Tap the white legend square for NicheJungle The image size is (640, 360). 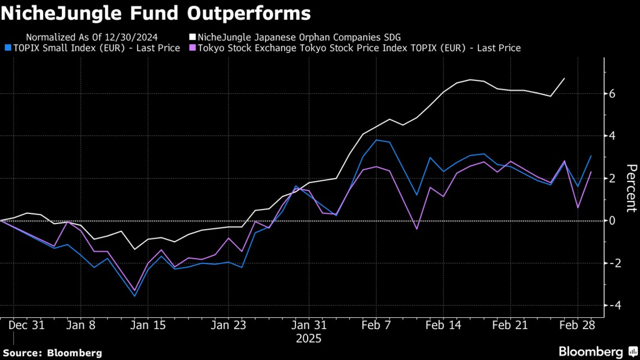click(x=193, y=38)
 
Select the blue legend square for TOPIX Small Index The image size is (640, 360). click(x=7, y=48)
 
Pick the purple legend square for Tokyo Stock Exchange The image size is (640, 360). click(x=193, y=48)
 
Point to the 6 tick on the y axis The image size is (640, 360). click(x=612, y=94)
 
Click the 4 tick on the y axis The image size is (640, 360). click(x=612, y=136)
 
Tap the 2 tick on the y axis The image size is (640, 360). click(x=612, y=179)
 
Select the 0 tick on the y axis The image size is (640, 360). click(x=612, y=221)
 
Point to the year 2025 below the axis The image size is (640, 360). click(x=310, y=339)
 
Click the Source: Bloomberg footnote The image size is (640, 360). click(x=52, y=353)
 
